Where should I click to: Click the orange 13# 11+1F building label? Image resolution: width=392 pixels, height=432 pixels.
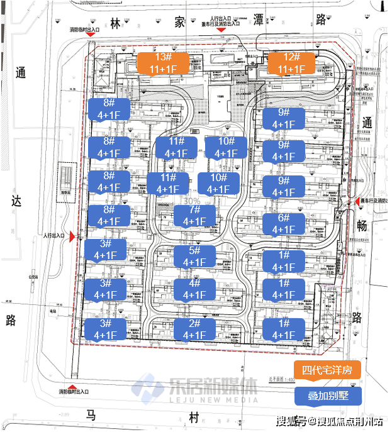[163, 64]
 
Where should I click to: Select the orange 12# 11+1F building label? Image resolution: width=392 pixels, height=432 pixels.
[290, 64]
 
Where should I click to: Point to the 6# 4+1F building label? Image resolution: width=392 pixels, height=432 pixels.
[283, 224]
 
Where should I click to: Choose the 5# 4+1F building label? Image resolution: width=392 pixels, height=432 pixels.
[194, 256]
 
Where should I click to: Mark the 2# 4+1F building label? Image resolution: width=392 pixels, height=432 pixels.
[194, 330]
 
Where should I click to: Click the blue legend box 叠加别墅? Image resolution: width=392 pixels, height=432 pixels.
[328, 396]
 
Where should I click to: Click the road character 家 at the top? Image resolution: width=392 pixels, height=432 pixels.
[181, 22]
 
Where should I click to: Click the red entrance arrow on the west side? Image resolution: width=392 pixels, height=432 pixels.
[72, 236]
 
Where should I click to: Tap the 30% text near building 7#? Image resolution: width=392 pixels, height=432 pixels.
[193, 201]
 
